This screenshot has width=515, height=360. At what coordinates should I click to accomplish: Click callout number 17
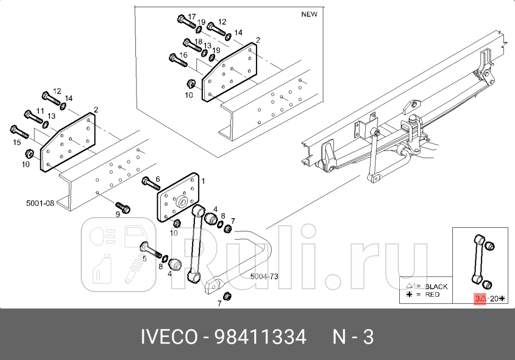click(x=192, y=16)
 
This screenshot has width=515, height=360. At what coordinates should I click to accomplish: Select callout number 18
click(x=198, y=41)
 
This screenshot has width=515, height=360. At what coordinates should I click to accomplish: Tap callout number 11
click(x=40, y=110)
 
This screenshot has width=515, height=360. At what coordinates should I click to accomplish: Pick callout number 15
click(x=18, y=142)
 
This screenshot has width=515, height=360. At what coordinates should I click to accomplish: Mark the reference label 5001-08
click(x=40, y=202)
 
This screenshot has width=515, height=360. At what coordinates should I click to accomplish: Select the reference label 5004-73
click(x=264, y=276)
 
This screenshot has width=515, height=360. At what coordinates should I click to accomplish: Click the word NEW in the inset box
click(x=309, y=14)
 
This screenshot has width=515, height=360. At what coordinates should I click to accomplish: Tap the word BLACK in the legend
click(x=436, y=286)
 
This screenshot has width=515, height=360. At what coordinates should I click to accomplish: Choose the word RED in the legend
click(x=432, y=294)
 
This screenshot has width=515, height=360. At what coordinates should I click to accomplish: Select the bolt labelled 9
click(x=123, y=207)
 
